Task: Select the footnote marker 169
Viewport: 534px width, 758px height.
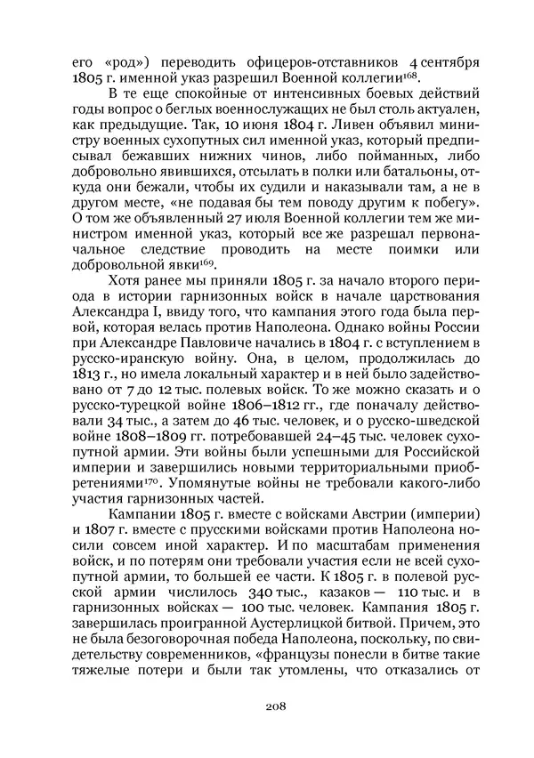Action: pyautogui.click(x=211, y=262)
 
